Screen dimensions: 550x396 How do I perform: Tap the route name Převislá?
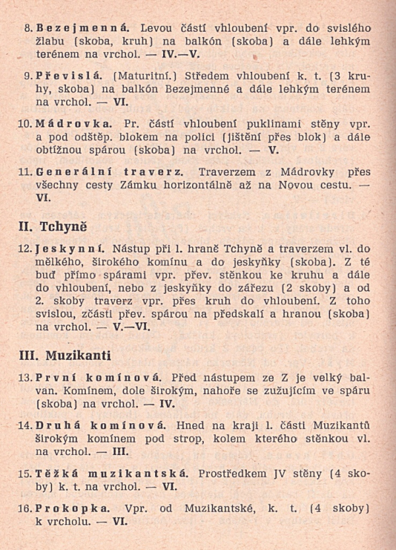[67, 77]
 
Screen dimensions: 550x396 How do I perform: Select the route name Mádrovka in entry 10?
[73, 123]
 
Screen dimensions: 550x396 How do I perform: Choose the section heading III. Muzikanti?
[65, 356]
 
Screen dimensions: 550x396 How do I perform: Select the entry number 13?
[26, 379]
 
